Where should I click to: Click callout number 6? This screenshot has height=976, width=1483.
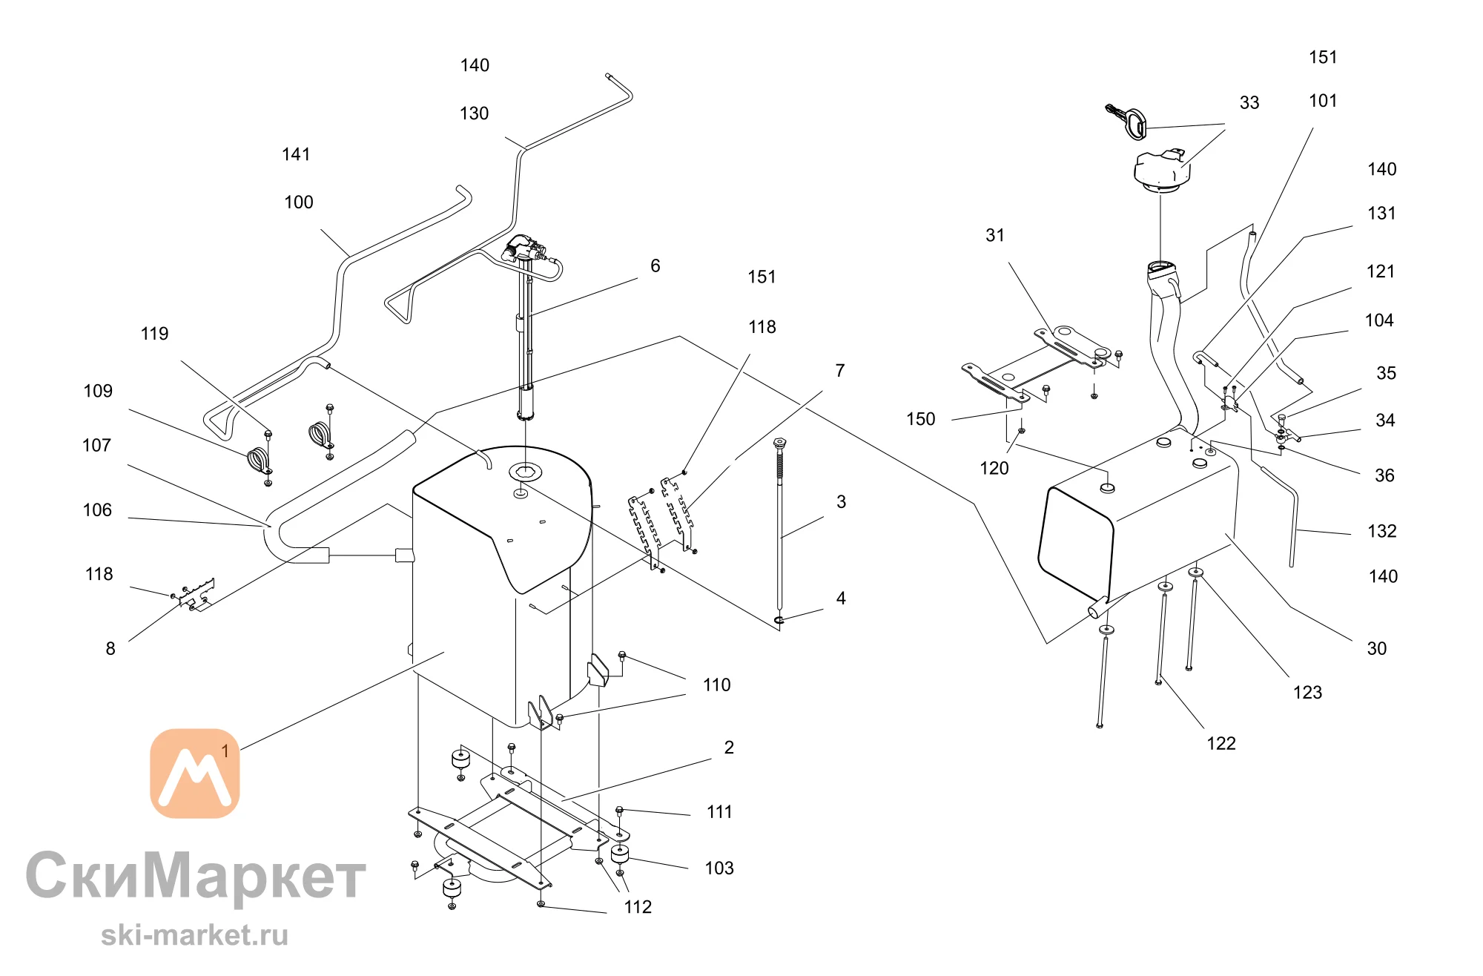(x=655, y=266)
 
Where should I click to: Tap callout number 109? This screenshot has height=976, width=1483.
(x=98, y=392)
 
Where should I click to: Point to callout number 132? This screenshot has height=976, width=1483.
(x=1382, y=532)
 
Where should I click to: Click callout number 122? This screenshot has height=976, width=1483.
(x=1221, y=744)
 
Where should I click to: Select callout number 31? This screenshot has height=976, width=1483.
(x=995, y=236)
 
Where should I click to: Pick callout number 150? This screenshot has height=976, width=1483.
(x=921, y=420)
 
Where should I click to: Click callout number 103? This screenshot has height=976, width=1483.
(x=719, y=868)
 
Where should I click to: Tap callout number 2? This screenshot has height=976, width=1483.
(x=729, y=748)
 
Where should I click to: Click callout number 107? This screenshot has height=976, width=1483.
(x=96, y=446)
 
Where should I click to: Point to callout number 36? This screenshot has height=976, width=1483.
(x=1385, y=476)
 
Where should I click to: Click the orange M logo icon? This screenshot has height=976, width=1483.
(x=195, y=774)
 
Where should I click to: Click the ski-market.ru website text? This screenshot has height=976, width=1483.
(x=194, y=935)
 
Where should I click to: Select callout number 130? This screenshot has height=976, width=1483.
(x=475, y=114)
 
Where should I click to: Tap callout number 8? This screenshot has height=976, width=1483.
(x=110, y=649)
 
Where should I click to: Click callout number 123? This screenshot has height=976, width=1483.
(x=1308, y=693)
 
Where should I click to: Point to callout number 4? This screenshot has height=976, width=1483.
(x=841, y=599)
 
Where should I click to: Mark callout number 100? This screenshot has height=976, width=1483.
(x=299, y=202)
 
